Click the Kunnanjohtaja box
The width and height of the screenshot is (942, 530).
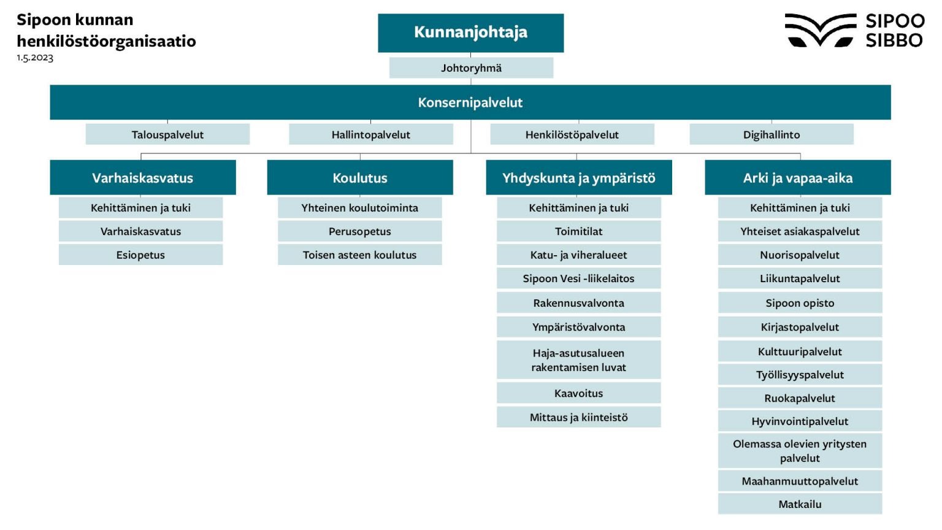coord(470,33)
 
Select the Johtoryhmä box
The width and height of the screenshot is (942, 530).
coord(471,68)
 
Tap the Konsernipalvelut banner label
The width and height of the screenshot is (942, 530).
coord(470,102)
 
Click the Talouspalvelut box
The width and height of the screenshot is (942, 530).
coord(167,134)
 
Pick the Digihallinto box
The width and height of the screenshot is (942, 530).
coord(772,134)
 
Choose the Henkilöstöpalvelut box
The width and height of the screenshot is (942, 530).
coord(572,134)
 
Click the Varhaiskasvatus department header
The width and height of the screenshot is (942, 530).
coord(142,178)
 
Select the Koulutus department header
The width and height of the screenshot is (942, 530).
coord(360,178)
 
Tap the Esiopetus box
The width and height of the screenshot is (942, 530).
coord(140,255)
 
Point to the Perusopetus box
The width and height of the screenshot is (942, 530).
coord(359,231)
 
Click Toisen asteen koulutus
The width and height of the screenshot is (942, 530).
coord(359,255)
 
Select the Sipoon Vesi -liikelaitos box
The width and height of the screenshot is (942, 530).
coord(578,278)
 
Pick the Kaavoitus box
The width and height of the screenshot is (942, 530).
coord(578,393)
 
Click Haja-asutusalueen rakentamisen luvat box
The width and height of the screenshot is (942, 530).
coord(578,360)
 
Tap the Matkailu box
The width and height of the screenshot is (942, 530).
coord(800,504)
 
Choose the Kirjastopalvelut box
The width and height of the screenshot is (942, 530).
coord(800,327)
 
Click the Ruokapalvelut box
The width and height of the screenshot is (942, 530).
coord(800,398)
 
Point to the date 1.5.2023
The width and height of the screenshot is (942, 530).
coord(35,58)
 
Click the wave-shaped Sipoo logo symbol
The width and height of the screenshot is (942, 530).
coord(820,30)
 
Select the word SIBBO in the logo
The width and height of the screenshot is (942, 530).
coord(894,40)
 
